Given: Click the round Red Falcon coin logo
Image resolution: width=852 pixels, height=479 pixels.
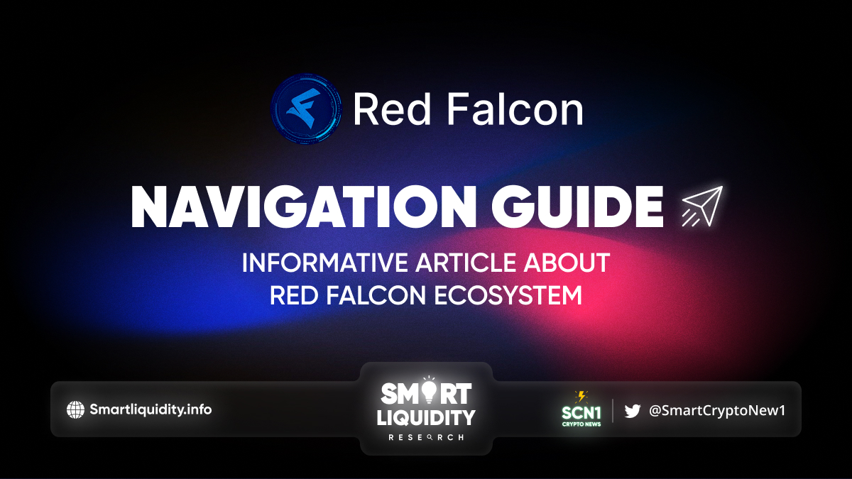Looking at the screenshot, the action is point(306,109).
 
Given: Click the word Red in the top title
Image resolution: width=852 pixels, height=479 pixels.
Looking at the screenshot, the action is point(392,109).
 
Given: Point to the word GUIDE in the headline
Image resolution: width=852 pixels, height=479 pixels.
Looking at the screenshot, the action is point(578,207).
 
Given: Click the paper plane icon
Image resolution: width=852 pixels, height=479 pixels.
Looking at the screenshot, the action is point(702,206).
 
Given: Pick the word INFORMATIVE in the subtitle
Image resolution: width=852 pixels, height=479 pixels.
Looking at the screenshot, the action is point(325,263).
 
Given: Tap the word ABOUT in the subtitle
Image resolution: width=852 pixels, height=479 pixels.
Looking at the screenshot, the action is point(567,263).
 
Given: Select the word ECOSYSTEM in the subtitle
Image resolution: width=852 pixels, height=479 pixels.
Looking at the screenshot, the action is point(508,295).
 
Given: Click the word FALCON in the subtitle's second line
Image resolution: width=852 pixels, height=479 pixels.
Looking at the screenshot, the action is point(376,295).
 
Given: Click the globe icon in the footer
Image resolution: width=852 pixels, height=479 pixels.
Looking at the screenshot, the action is point(75,410).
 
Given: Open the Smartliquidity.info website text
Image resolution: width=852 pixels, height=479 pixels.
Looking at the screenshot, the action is point(151,409).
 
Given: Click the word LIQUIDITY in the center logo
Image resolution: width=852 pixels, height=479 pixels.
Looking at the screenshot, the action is point(426,417).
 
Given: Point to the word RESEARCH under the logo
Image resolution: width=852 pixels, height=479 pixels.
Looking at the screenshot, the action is point(426,438).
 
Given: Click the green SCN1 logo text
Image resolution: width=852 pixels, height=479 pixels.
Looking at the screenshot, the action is point(581,413).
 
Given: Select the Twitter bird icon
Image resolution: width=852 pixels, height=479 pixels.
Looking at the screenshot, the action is point(632,411).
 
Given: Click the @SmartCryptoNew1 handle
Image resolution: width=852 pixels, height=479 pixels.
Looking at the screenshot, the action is point(717,411).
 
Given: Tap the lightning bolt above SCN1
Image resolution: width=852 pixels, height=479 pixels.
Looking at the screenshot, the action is point(581,397).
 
